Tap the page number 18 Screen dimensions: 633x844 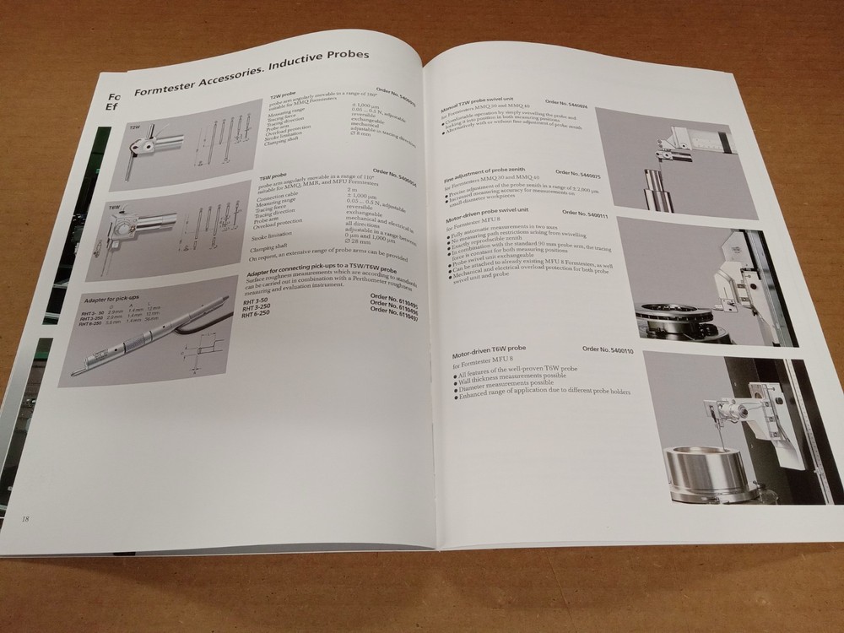point(26,517)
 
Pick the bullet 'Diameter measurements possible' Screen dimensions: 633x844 point(507,387)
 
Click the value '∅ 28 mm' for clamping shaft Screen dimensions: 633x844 point(359,244)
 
